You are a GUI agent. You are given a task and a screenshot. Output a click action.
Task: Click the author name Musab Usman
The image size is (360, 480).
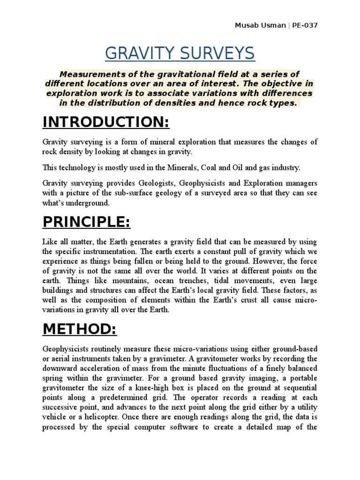[x=260, y=25]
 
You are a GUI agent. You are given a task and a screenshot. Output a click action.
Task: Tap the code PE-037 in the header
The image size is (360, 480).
[x=304, y=25]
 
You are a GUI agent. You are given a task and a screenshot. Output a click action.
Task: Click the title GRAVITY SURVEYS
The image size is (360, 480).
[x=180, y=53]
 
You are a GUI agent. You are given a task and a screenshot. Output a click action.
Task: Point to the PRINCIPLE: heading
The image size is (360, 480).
[x=86, y=222]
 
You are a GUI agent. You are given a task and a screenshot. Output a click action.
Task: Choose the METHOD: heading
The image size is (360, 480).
[x=79, y=330]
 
